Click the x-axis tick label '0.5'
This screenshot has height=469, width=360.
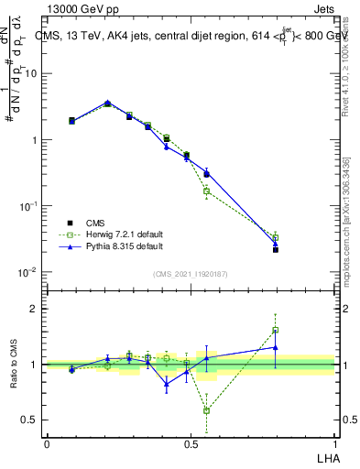pyautogui.click(x=191, y=443)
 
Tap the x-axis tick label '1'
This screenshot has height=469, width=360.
pyautogui.click(x=335, y=443)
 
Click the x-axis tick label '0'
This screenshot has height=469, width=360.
pyautogui.click(x=47, y=443)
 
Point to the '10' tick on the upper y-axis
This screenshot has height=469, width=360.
pyautogui.click(x=31, y=74)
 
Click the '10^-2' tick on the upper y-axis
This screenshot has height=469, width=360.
pyautogui.click(x=28, y=273)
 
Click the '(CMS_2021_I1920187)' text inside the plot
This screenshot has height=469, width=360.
pyautogui.click(x=191, y=272)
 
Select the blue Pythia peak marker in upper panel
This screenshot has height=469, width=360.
pyautogui.click(x=107, y=103)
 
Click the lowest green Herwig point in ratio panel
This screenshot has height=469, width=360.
pyautogui.click(x=206, y=410)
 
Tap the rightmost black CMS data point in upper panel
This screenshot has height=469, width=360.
pyautogui.click(x=276, y=249)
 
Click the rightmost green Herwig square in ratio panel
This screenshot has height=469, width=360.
pyautogui.click(x=276, y=331)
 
